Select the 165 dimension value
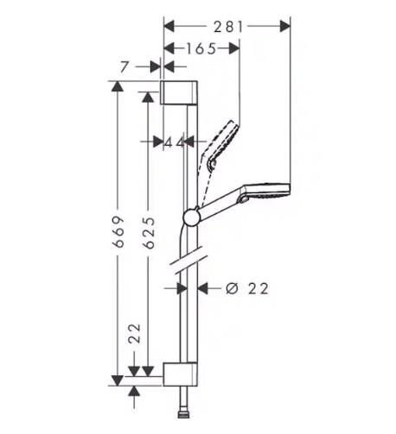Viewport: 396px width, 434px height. [x=201, y=49]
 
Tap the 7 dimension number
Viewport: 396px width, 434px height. [x=128, y=66]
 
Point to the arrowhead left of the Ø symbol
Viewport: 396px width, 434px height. [x=205, y=288]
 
